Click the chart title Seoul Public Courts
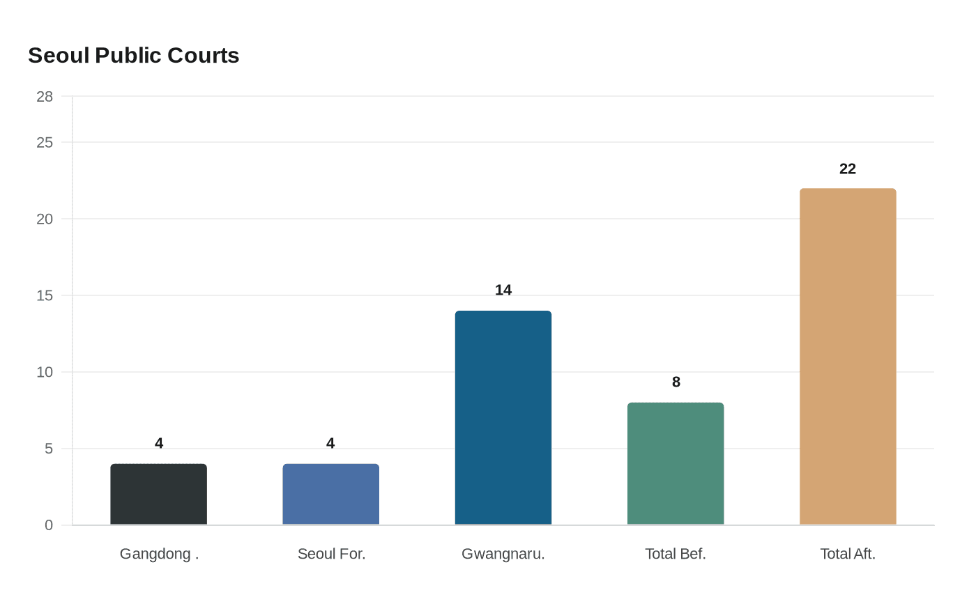pyautogui.click(x=133, y=56)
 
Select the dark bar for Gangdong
pyautogui.click(x=159, y=495)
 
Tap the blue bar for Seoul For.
pyautogui.click(x=331, y=495)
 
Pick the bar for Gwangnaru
pyautogui.click(x=503, y=418)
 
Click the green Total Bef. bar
pyautogui.click(x=676, y=464)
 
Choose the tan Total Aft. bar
pyautogui.click(x=848, y=357)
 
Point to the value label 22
pyautogui.click(x=848, y=169)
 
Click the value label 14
pyautogui.click(x=503, y=290)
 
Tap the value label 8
pyautogui.click(x=676, y=382)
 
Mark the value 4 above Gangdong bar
pyautogui.click(x=159, y=444)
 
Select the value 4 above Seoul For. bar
pyautogui.click(x=330, y=444)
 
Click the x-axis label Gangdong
pyautogui.click(x=159, y=554)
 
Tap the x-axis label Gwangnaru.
pyautogui.click(x=503, y=554)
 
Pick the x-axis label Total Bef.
pyautogui.click(x=676, y=554)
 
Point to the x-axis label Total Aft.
pyautogui.click(x=848, y=554)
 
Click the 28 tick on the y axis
pyautogui.click(x=45, y=97)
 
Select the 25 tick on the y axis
pyautogui.click(x=45, y=143)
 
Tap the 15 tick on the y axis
pyautogui.click(x=45, y=296)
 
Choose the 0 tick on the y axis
pyautogui.click(x=49, y=525)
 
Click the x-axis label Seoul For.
pyautogui.click(x=331, y=554)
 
